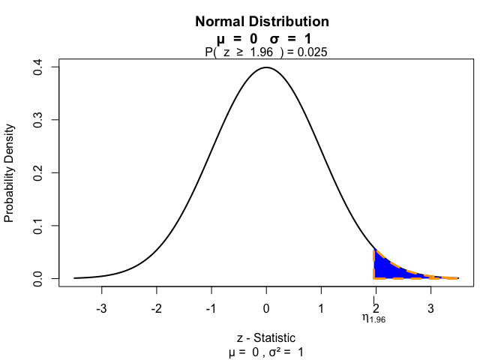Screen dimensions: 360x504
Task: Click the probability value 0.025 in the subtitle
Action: click(x=312, y=52)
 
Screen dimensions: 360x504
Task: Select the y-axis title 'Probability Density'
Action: click(x=10, y=173)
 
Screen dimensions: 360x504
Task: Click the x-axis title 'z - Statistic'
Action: click(x=266, y=337)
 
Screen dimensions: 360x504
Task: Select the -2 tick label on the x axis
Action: click(x=156, y=308)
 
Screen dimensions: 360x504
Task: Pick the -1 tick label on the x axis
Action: click(x=211, y=308)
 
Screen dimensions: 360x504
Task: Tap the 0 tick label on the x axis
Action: click(x=266, y=308)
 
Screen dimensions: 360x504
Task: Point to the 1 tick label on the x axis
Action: click(x=321, y=308)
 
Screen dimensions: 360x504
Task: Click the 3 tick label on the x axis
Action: click(x=430, y=308)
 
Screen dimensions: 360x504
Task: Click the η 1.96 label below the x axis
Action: click(x=373, y=319)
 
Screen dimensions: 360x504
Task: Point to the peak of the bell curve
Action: click(x=266, y=67)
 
